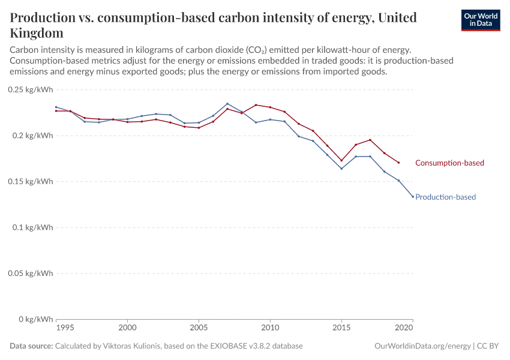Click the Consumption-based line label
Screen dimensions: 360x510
(x=449, y=163)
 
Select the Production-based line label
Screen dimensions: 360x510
(x=445, y=197)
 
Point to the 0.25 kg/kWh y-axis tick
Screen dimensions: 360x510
(x=31, y=89)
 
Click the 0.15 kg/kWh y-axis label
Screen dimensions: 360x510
(x=31, y=181)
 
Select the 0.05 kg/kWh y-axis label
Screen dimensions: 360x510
(x=31, y=273)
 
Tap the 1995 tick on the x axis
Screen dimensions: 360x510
(x=65, y=328)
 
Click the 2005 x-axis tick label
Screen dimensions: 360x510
(x=199, y=328)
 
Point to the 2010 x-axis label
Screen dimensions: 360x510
(x=270, y=328)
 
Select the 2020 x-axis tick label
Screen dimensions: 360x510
(x=404, y=328)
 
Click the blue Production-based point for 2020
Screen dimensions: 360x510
(x=413, y=197)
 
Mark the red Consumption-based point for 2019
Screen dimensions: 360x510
(x=398, y=163)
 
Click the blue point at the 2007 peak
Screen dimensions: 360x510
(x=227, y=104)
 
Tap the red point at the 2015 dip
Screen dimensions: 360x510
(x=341, y=160)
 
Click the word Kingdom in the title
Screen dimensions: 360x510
(x=36, y=32)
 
